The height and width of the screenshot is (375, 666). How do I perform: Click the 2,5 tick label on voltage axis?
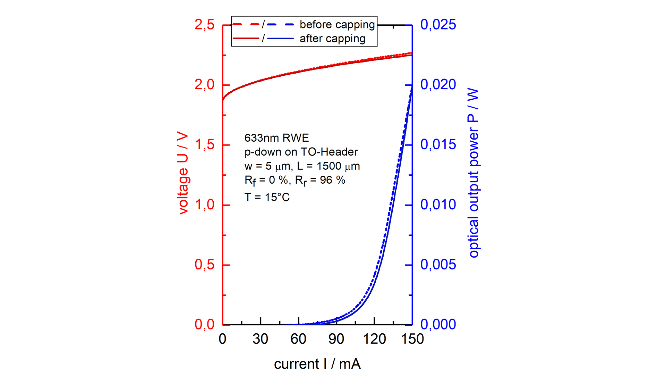pos(204,25)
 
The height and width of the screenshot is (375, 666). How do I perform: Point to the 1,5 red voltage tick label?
pos(204,145)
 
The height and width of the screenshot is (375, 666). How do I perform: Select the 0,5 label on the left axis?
pos(204,265)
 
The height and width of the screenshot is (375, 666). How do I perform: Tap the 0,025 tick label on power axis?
pos(438,25)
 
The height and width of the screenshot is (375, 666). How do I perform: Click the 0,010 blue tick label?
pos(438,205)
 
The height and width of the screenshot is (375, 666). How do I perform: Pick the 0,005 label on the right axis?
pos(438,265)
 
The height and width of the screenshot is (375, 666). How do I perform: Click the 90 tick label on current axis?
pos(336,339)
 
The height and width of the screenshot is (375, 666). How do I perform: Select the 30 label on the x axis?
pos(260,339)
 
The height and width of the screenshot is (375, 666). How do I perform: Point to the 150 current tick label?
pos(412,339)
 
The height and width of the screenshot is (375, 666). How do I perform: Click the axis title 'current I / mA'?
pos(317,364)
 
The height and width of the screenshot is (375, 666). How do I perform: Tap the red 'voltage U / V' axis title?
pos(182,173)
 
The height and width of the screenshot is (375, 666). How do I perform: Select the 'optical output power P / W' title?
pos(473,173)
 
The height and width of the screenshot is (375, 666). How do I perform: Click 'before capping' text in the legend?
pos(337,25)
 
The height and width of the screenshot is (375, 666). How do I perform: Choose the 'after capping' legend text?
pos(332,39)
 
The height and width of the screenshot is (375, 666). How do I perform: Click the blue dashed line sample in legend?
pos(281,25)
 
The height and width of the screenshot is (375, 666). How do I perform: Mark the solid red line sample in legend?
pos(246,38)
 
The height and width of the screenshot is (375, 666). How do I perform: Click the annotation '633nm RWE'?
pos(276,138)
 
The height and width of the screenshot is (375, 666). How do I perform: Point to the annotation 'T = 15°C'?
pos(267,197)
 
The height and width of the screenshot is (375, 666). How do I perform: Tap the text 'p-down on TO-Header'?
pos(301,152)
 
